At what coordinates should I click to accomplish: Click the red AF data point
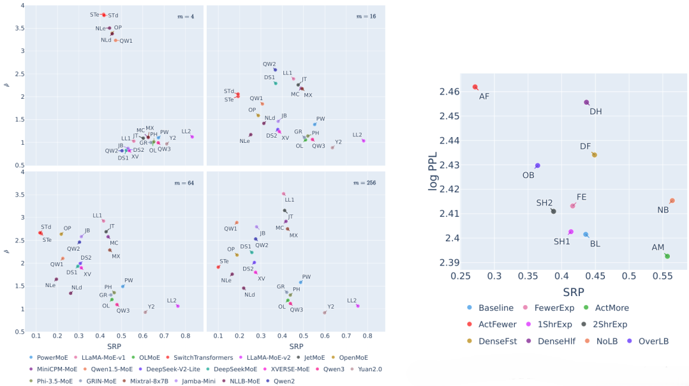(475, 87)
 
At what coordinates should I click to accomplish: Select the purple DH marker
(586, 102)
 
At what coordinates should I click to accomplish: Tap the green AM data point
(667, 256)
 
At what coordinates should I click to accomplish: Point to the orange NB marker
(672, 201)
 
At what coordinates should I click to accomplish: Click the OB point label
(528, 175)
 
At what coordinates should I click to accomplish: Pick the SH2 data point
(553, 211)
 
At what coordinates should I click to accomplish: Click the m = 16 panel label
(366, 16)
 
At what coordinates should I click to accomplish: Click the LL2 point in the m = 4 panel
(192, 137)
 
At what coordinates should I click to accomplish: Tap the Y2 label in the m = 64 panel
(151, 307)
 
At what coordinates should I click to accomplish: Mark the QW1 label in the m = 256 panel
(230, 228)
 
